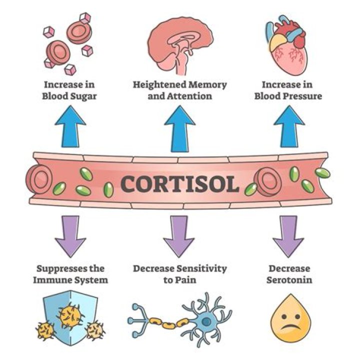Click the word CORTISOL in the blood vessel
tap(180, 183)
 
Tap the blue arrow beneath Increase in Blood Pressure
tap(288, 127)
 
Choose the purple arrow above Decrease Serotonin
tap(289, 235)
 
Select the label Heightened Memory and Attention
tap(179, 89)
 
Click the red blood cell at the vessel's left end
tap(37, 179)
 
